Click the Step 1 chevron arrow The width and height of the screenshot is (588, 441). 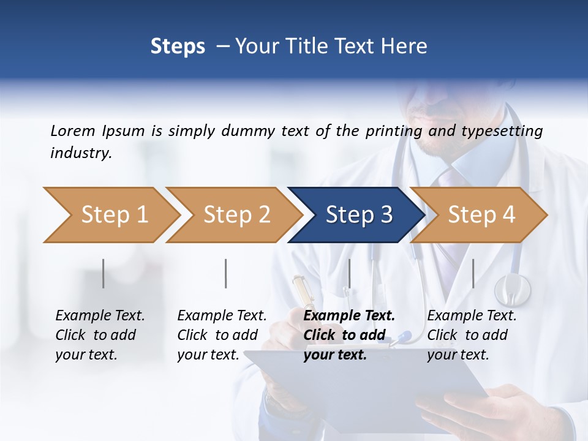(110, 215)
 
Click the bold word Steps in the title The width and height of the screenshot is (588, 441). (178, 46)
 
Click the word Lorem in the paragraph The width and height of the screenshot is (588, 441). (72, 130)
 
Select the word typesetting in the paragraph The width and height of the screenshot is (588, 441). (506, 131)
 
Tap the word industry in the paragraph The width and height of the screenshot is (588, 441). (80, 153)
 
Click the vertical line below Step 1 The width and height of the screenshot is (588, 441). (104, 273)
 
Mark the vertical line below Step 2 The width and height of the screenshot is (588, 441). (226, 273)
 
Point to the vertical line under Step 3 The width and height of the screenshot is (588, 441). (349, 273)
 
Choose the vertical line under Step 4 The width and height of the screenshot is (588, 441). (473, 273)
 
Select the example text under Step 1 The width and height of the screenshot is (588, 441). (100, 335)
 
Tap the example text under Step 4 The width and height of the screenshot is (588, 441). (472, 335)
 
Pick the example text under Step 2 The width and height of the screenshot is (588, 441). (222, 335)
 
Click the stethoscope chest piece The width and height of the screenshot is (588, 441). (512, 289)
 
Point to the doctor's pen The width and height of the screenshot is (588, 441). (303, 293)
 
